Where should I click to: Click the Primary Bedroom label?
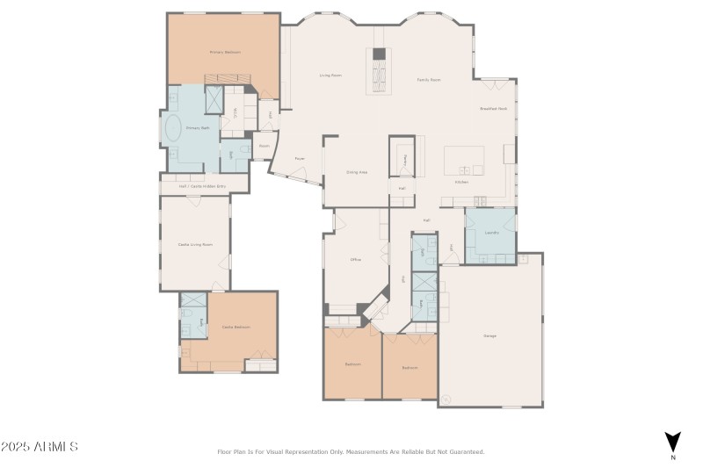pos(225,52)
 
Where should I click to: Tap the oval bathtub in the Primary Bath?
pos(173,130)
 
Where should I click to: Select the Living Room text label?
pos(330,76)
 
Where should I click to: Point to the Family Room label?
pos(428,80)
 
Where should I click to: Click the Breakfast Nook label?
pos(493,108)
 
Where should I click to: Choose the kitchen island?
pos(463,160)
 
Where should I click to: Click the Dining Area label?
pos(357,172)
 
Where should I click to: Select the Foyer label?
pos(300,159)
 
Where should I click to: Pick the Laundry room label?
pos(491,233)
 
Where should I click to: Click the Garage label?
pos(489,335)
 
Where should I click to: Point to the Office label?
pos(356,260)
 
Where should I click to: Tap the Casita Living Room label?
pos(195,244)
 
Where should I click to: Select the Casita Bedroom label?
pos(236,328)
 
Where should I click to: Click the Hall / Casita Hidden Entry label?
pos(203,186)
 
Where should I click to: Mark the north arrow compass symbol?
pos(672,442)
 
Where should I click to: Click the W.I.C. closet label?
pos(235,112)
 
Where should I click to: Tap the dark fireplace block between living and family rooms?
pos(379,54)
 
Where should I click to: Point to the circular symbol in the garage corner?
pos(446,400)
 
